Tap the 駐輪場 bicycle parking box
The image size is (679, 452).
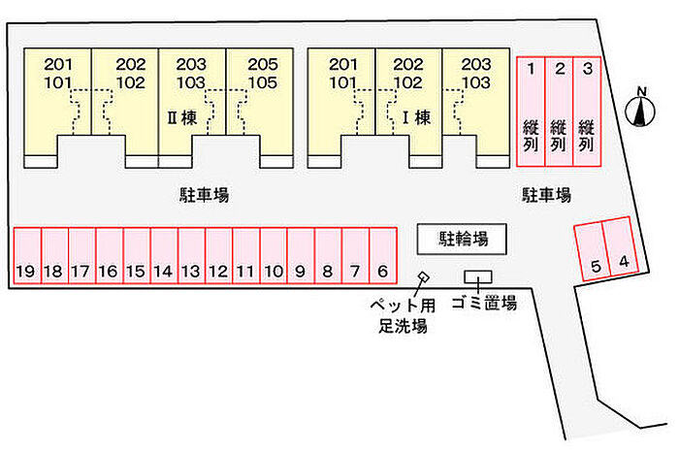pyautogui.click(x=464, y=237)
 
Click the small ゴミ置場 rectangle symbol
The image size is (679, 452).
pyautogui.click(x=478, y=277)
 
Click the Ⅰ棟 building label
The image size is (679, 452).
pyautogui.click(x=416, y=120)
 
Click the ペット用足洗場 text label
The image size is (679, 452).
pyautogui.click(x=401, y=314)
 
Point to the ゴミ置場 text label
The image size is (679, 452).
pyautogui.click(x=483, y=303)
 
